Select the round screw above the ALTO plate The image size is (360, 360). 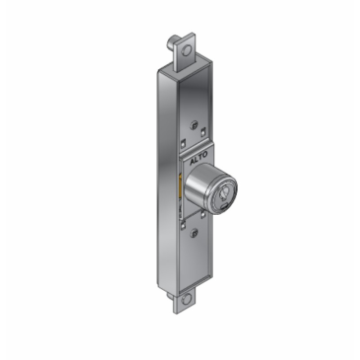click(193, 124)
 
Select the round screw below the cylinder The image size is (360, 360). click(194, 233)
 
